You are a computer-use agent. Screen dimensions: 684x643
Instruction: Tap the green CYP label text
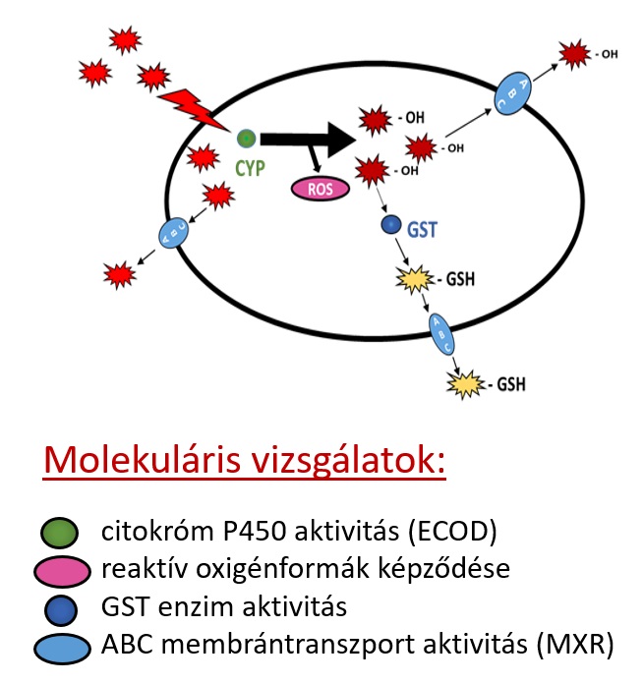[x=251, y=168]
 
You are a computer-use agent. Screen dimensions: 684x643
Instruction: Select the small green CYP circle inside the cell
[x=247, y=139]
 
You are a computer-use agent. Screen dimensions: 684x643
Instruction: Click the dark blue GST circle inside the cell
[x=390, y=227]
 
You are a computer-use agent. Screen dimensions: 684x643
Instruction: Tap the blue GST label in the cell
[x=422, y=232]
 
